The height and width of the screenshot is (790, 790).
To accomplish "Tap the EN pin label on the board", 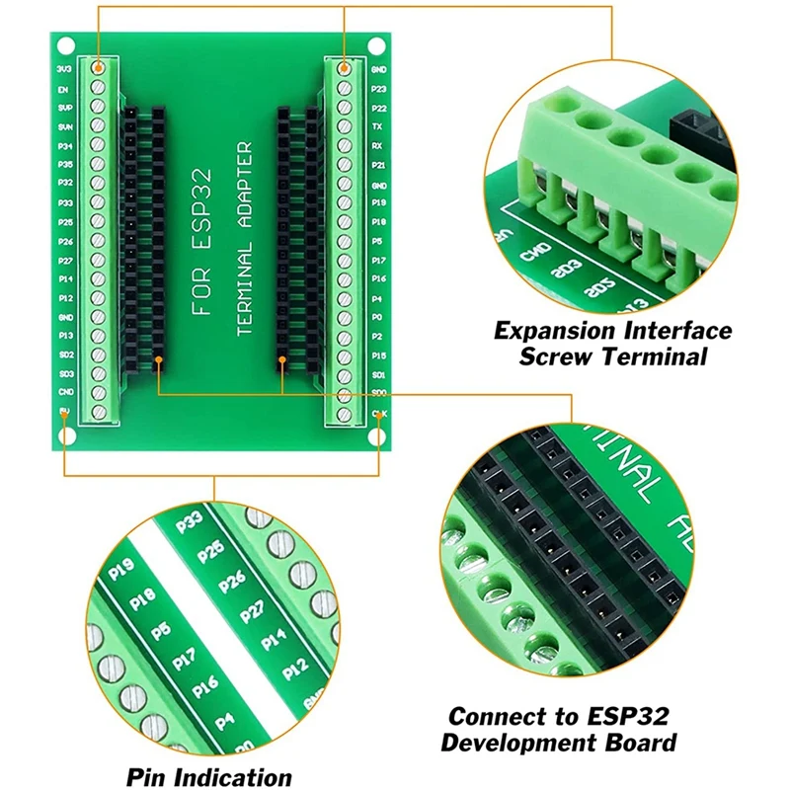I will [x=63, y=89].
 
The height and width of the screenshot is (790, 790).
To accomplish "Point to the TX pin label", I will [x=377, y=127].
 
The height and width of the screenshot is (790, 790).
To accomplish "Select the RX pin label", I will [x=377, y=146].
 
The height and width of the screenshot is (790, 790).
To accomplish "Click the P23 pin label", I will [x=377, y=89].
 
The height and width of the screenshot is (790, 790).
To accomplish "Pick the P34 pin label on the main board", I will [x=65, y=146].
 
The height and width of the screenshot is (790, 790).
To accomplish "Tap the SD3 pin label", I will [x=65, y=374].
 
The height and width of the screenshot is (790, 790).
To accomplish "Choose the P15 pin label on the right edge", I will [x=377, y=355].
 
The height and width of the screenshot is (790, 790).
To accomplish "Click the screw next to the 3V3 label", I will [x=99, y=68].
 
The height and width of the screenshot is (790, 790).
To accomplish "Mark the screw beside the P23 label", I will [x=344, y=88].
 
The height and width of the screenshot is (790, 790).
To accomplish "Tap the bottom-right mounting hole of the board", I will [x=378, y=436].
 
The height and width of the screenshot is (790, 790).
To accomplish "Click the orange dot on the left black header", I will [x=158, y=361].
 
